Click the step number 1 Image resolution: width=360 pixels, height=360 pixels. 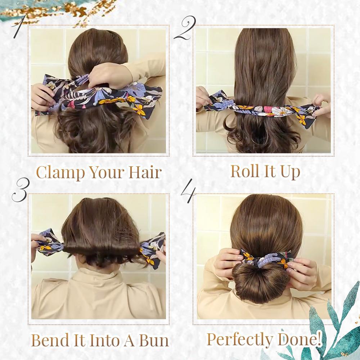tap(18, 27)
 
